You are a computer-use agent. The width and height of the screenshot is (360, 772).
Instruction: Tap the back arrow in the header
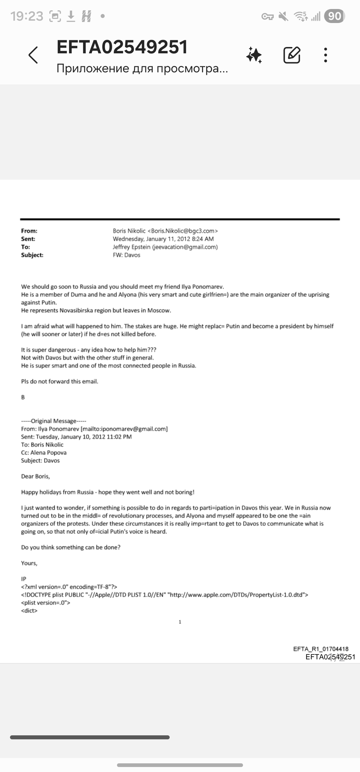tap(33, 55)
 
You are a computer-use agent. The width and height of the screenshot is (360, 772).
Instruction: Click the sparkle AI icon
tap(254, 55)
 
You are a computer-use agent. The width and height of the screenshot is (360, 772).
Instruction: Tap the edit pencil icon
tap(292, 55)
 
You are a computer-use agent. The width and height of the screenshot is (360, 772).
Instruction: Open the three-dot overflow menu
tap(326, 55)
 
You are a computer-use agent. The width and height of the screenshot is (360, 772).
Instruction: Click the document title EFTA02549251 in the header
tap(122, 47)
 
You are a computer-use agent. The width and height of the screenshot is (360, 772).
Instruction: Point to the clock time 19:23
tap(27, 16)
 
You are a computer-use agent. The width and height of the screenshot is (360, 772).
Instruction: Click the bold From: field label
tap(29, 231)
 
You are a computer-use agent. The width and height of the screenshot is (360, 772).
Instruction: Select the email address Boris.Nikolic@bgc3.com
tap(183, 231)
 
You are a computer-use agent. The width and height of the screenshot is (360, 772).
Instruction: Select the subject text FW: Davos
tap(126, 255)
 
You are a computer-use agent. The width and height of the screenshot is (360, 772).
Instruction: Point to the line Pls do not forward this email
tap(60, 381)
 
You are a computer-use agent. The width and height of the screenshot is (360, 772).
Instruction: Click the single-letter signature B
tap(23, 397)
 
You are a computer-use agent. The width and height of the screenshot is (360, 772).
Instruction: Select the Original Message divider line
tap(54, 421)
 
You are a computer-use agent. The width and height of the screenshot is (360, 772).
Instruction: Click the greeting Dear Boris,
tap(35, 476)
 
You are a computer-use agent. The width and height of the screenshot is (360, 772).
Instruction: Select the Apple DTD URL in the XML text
tap(237, 595)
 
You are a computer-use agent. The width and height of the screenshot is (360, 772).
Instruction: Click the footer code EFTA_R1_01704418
tap(321, 649)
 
